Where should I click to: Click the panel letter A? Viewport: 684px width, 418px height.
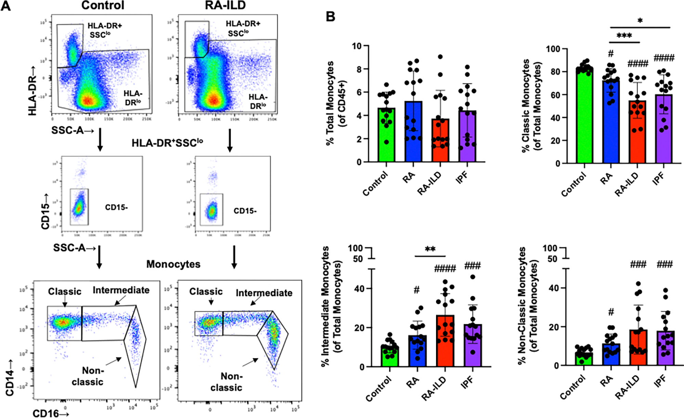(6, 6)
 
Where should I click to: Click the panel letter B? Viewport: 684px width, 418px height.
(330, 17)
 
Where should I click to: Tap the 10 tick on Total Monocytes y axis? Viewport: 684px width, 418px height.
(357, 46)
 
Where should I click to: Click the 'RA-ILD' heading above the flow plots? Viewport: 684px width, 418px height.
(226, 5)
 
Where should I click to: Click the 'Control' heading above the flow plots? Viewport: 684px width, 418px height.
(103, 5)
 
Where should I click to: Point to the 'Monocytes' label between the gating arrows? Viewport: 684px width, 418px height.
(173, 264)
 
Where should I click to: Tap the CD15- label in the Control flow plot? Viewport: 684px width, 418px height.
(116, 207)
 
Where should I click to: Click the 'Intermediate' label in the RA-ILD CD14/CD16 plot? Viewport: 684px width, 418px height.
(264, 293)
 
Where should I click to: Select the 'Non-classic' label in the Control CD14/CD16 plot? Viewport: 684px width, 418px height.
(88, 376)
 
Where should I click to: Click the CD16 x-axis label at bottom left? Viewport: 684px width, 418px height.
(51, 414)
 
